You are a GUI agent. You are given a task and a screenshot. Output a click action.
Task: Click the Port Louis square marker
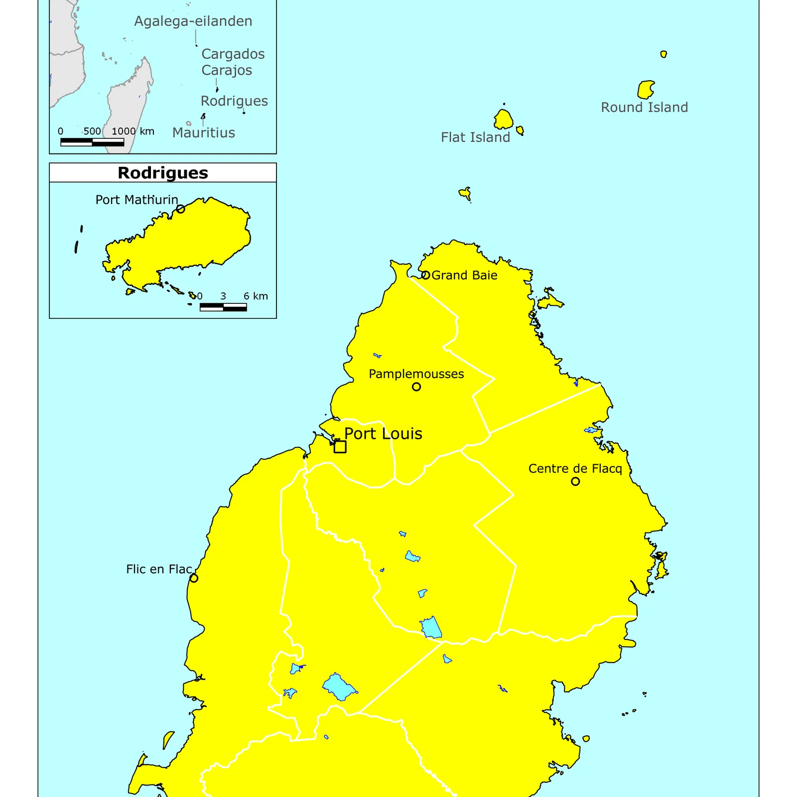coord(340,447)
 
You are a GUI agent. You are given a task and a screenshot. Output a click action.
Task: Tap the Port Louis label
coord(383,434)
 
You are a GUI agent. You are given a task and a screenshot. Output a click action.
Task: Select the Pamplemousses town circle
coord(416,387)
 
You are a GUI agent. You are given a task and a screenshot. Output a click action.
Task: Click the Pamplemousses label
coord(416,374)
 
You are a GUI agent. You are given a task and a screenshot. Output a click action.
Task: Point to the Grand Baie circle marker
coord(425,275)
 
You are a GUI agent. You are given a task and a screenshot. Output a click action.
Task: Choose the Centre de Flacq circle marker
coord(575,481)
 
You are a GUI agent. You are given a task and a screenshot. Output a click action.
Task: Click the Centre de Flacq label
coord(575,469)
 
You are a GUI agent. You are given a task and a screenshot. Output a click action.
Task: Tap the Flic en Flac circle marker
coord(194,578)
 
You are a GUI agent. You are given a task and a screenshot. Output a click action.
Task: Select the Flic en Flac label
coord(159,569)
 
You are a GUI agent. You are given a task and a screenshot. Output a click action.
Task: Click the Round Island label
coord(644,108)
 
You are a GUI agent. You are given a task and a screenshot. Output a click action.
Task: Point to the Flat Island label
coord(475,137)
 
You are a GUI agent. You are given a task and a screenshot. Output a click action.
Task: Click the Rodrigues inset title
coord(163,173)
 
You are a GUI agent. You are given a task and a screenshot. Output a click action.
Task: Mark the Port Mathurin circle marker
coord(181,209)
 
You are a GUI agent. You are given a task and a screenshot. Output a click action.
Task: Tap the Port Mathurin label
coord(136,200)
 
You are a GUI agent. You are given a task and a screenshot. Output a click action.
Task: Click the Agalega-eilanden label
coord(193,21)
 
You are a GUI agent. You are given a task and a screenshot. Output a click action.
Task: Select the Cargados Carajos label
coord(233,62)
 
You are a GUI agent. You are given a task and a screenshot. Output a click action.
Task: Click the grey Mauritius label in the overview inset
coord(203,133)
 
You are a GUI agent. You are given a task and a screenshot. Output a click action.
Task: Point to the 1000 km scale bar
coord(92,142)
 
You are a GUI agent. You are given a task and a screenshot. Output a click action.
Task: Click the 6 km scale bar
coord(223,307)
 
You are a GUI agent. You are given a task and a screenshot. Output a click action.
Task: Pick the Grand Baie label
coord(464,275)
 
